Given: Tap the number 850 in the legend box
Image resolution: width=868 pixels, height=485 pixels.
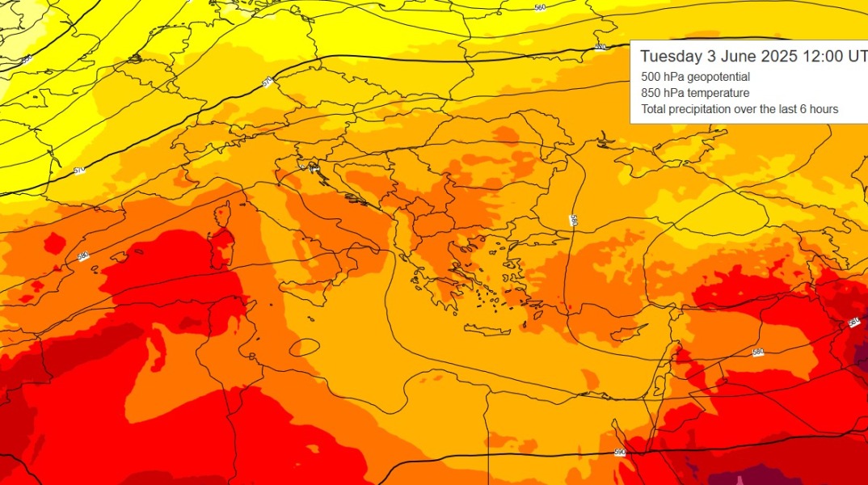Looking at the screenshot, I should tap(651, 93).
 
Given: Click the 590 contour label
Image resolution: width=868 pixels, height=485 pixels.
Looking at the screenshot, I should tap(620, 452).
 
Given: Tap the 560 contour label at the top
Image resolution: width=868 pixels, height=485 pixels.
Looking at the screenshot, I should tap(541, 7).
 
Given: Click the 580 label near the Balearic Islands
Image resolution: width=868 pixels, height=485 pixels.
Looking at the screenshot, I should tap(83, 256).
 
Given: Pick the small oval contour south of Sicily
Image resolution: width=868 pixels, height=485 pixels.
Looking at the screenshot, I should tap(304, 348).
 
